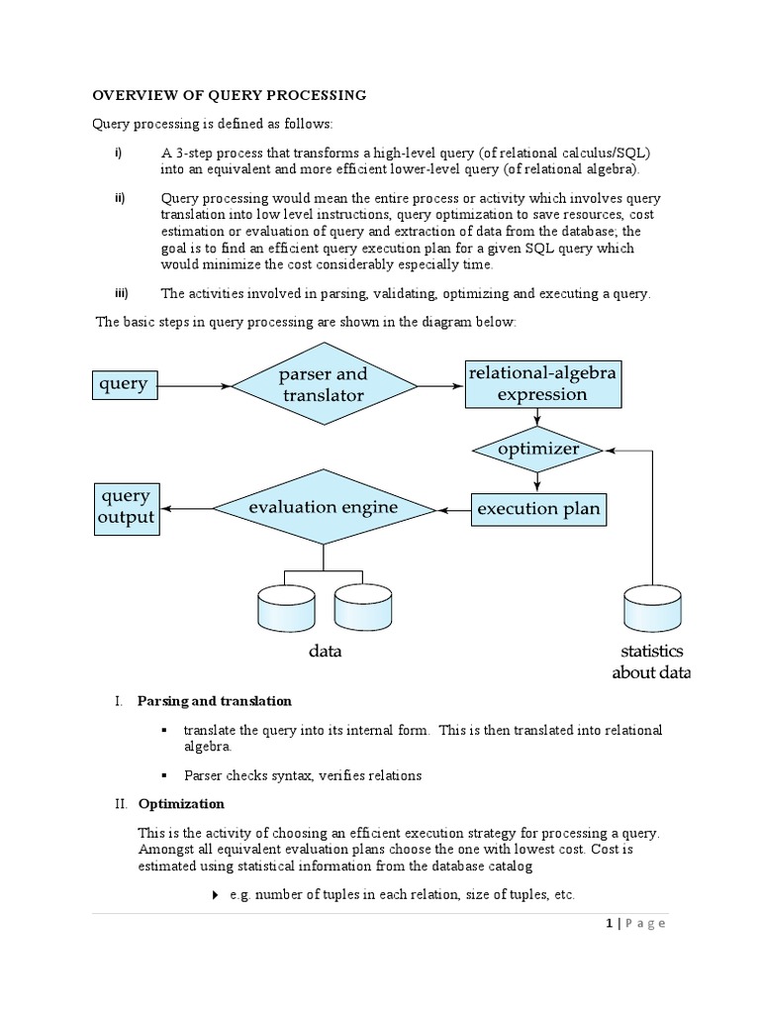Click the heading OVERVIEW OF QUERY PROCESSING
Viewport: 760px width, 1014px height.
[230, 95]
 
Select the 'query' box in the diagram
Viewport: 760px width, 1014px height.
[124, 384]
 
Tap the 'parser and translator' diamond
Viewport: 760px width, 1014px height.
[323, 384]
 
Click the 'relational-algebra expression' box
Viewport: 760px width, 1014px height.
[542, 384]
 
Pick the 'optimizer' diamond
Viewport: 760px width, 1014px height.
[537, 449]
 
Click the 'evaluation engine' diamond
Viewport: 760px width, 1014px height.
[324, 508]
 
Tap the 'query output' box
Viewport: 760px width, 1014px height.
[126, 507]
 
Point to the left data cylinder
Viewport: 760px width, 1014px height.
[286, 607]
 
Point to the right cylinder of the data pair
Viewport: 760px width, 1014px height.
[363, 607]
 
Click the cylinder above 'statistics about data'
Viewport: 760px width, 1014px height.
[653, 607]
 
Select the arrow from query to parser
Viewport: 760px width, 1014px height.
[194, 384]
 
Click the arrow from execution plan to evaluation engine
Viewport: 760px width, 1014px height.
[453, 510]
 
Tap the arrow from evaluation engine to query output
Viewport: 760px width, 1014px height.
[186, 508]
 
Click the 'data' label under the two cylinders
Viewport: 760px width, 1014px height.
[324, 651]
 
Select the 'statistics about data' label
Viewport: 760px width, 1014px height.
[653, 662]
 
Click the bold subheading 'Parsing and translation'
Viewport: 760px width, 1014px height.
[215, 701]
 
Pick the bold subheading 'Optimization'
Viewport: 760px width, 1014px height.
[181, 804]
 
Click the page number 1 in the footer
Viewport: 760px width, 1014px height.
[608, 924]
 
